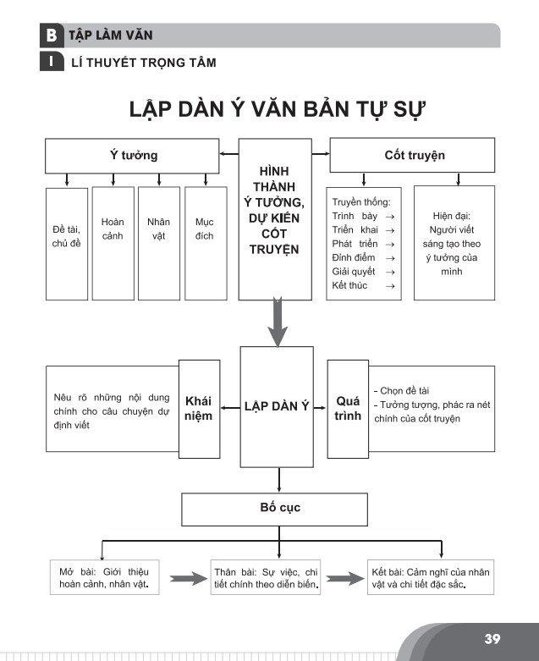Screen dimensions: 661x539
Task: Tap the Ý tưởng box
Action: pos(128,155)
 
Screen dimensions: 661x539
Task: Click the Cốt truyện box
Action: pos(411,155)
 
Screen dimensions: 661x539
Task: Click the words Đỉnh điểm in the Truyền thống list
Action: pos(354,257)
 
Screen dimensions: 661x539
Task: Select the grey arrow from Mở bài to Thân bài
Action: pos(188,580)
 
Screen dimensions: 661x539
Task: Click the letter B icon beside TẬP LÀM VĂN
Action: pos(52,36)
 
